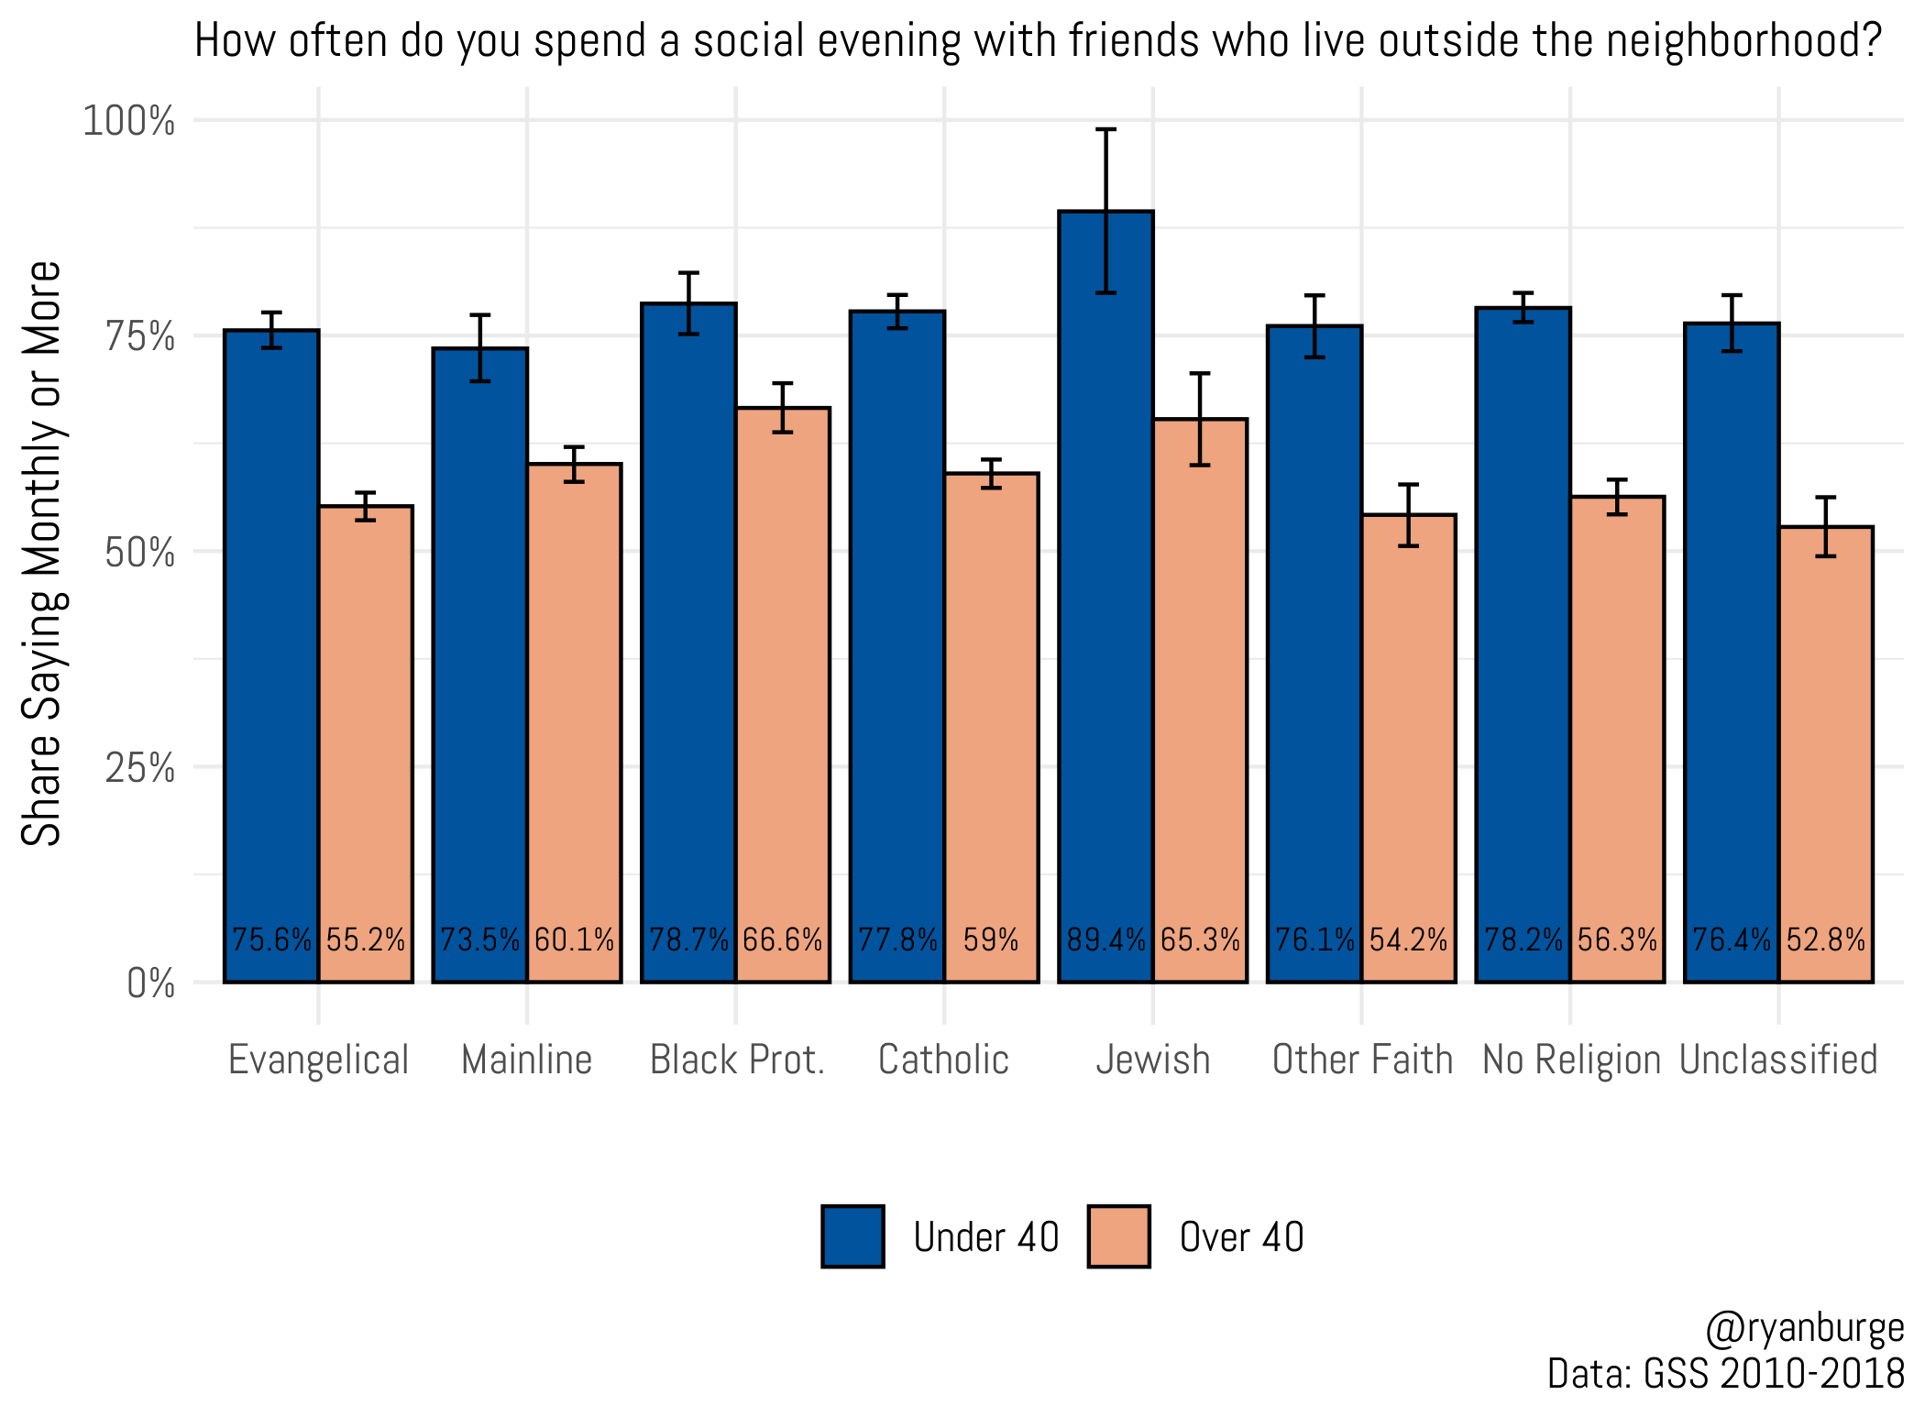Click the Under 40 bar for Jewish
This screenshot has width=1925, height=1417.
pos(1105,596)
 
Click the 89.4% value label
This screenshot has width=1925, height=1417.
pos(1105,939)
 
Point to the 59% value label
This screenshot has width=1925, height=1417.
pos(991,939)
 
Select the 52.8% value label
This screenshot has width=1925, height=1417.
pos(1826,939)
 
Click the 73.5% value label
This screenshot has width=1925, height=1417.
pos(480,939)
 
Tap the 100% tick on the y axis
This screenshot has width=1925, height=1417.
pos(129,121)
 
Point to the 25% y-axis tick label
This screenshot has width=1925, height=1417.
pos(140,768)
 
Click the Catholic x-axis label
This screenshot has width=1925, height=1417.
pos(943,1060)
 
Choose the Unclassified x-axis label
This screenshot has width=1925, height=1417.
pos(1778,1060)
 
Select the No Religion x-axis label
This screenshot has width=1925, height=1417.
pos(1571,1060)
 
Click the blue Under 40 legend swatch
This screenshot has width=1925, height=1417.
pos(852,1236)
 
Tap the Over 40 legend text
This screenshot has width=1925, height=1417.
pos(1241,1237)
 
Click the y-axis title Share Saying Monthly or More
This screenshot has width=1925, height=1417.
pos(42,553)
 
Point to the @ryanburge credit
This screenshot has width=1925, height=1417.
pos(1804,1329)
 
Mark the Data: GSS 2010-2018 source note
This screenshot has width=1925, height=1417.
pos(1725,1374)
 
